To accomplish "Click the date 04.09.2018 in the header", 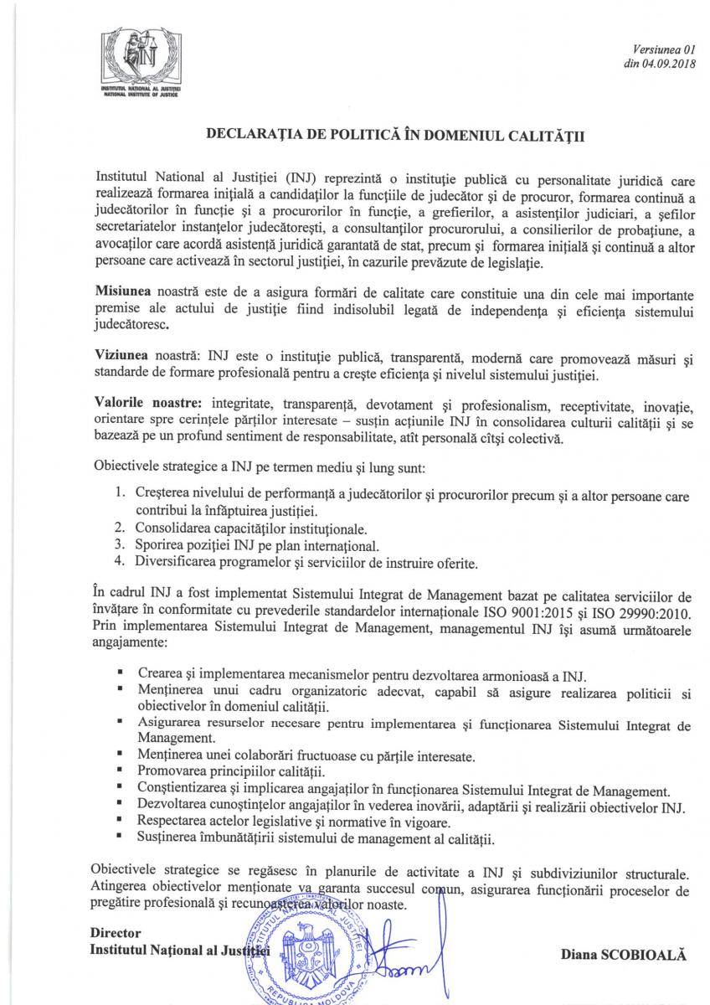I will (662, 62).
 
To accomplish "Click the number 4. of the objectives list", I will (120, 560).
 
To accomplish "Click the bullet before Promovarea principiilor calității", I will (121, 770).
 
